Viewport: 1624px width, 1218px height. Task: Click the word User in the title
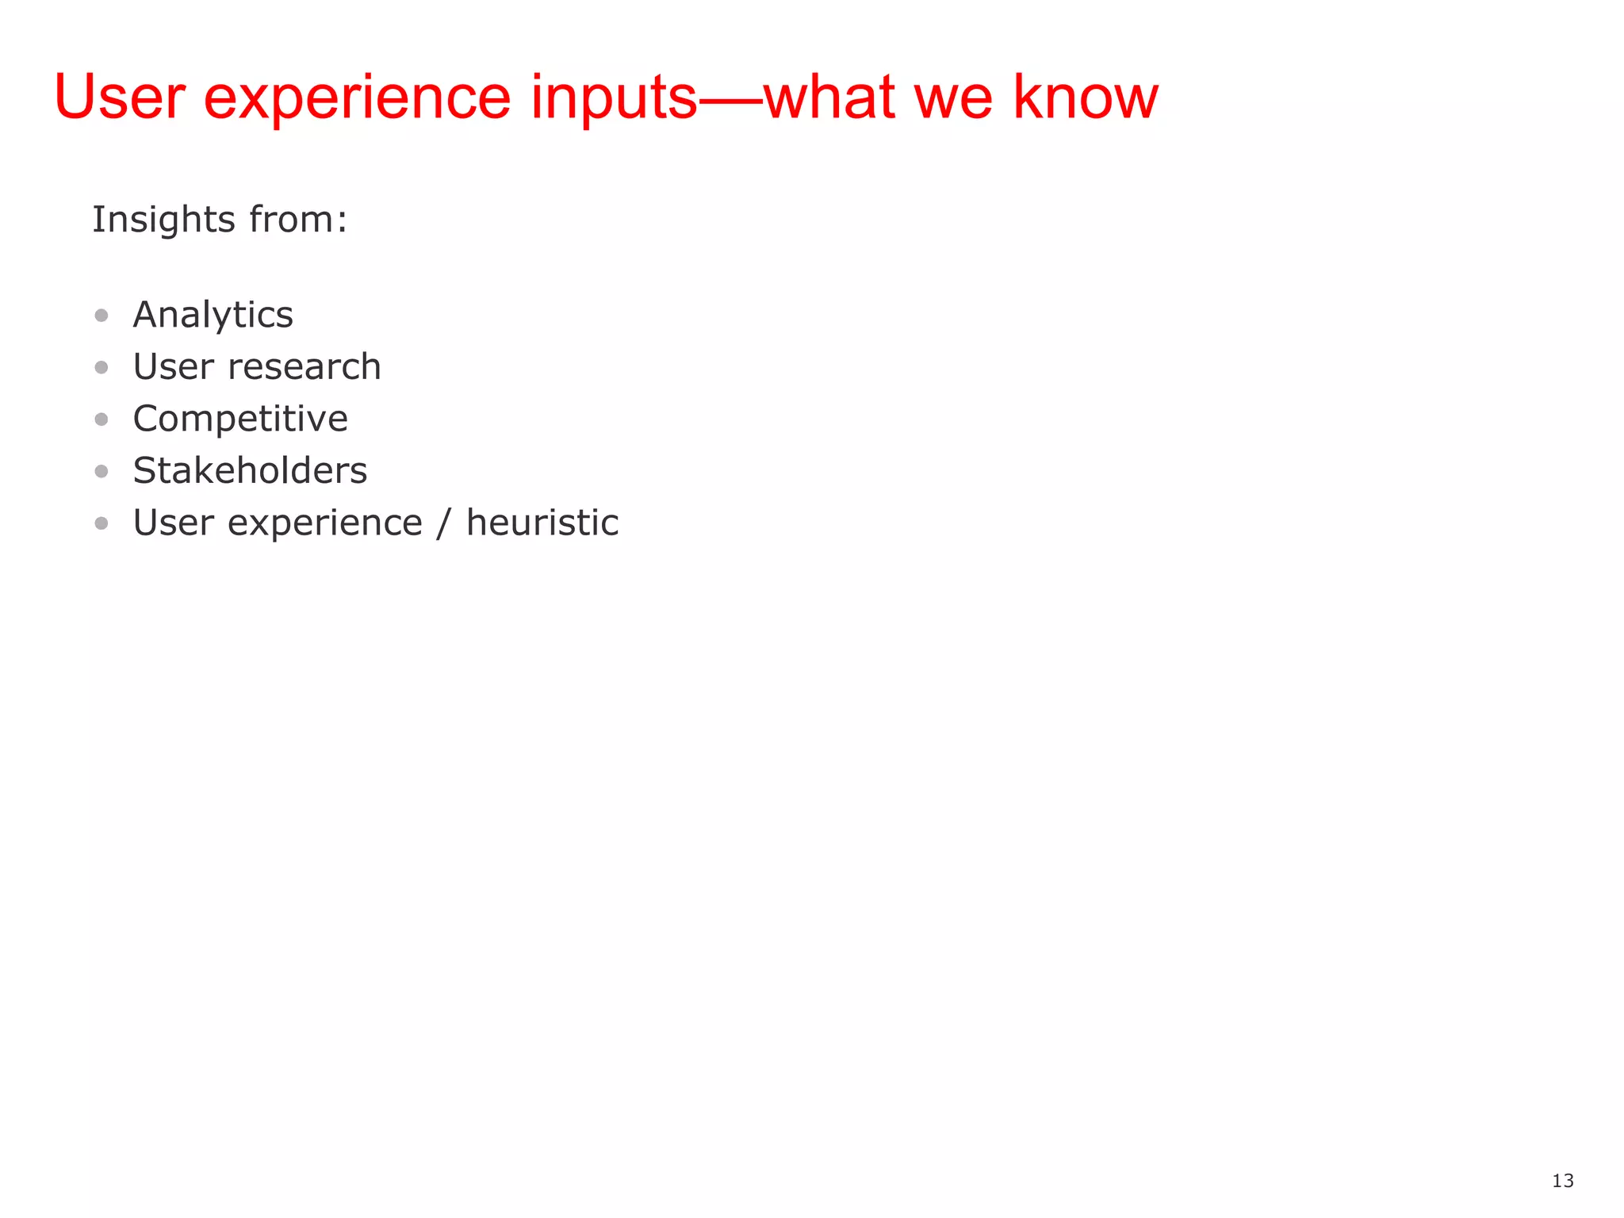tap(120, 97)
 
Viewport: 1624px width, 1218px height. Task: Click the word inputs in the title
tap(613, 98)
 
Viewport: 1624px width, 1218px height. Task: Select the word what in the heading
tap(829, 97)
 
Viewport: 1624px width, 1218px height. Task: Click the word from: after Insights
tap(298, 220)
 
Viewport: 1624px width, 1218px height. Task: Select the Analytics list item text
tap(213, 316)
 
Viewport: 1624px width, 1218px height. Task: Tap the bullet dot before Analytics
tap(101, 316)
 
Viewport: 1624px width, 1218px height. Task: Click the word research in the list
tap(304, 367)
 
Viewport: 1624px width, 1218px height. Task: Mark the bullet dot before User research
tap(101, 367)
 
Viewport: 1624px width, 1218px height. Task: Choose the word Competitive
tap(239, 419)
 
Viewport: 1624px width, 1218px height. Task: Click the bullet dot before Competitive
tap(101, 419)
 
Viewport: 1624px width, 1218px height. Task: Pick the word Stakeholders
tap(250, 471)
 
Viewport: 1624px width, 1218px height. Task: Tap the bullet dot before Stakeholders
tap(101, 471)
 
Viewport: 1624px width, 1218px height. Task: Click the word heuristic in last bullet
tap(542, 523)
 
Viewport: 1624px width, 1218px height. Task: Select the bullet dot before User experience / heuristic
tap(101, 523)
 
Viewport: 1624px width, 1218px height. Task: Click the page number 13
tap(1562, 1181)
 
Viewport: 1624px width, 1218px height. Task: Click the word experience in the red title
tap(357, 98)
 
